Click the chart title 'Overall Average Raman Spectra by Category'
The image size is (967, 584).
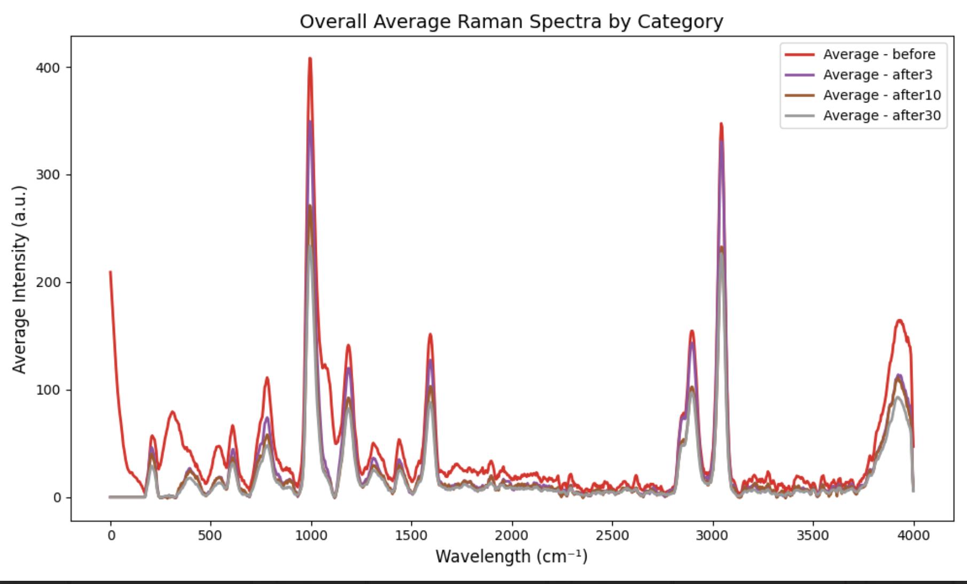[x=511, y=22]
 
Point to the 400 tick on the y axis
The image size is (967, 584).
[x=48, y=68]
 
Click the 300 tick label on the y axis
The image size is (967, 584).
[x=48, y=175]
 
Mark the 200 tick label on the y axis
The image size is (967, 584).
[x=48, y=282]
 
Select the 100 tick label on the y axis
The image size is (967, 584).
[x=48, y=390]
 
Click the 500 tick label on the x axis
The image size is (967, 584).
[x=210, y=535]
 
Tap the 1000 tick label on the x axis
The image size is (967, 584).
[x=311, y=535]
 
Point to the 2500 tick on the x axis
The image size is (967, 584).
[x=612, y=535]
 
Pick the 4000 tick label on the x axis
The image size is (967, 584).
[x=914, y=535]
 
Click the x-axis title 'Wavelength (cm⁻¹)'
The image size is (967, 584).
[x=511, y=557]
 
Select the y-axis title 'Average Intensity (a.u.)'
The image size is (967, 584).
[x=19, y=279]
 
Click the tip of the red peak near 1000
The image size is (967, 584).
[x=310, y=58]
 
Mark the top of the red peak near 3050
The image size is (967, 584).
[x=721, y=124]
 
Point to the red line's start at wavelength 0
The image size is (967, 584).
[x=111, y=272]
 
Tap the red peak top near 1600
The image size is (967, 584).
[x=430, y=334]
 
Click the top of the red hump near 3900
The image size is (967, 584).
[x=900, y=320]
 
